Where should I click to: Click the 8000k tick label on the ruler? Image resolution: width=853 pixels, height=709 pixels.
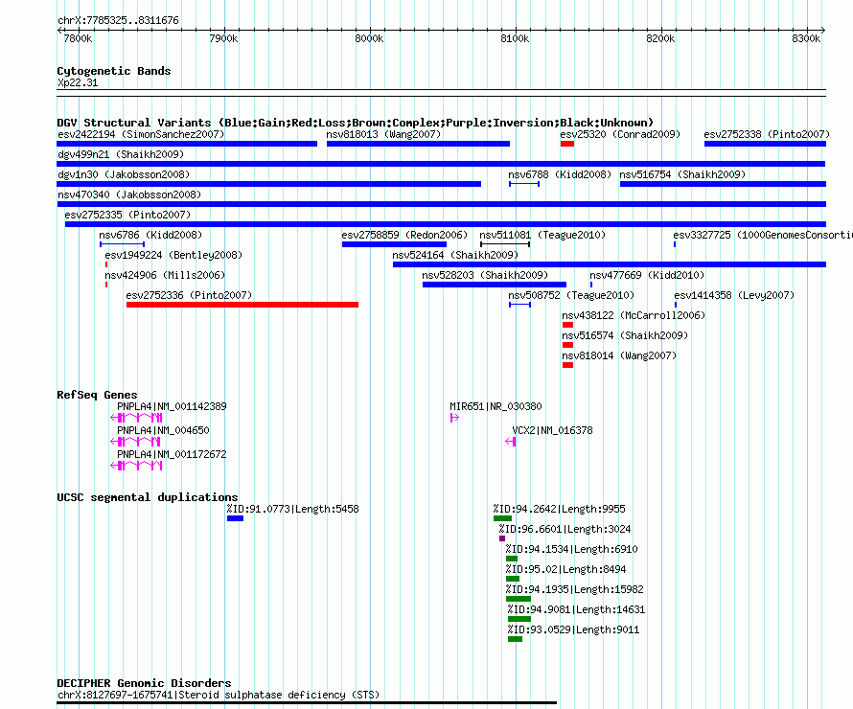[369, 38]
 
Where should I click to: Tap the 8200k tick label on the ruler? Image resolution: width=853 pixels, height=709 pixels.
[660, 38]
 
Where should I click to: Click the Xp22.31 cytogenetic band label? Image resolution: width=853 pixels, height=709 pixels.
[78, 82]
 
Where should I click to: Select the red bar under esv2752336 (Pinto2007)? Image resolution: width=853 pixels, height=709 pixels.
[242, 305]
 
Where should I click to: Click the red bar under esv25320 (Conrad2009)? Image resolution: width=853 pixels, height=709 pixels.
[567, 144]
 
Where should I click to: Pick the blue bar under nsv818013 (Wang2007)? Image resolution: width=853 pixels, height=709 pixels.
[418, 144]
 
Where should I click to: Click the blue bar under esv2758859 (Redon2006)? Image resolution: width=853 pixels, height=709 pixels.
[394, 244]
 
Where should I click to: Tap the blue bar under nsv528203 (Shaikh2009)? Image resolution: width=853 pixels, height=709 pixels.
[495, 285]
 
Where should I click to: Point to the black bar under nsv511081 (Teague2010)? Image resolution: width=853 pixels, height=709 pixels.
[505, 244]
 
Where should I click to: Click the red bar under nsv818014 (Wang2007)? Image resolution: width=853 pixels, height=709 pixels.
[568, 365]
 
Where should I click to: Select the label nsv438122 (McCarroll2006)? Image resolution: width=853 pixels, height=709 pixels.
[634, 315]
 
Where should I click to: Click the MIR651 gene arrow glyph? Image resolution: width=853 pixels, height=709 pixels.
[454, 418]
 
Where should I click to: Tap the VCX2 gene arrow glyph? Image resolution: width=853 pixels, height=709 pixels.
[510, 442]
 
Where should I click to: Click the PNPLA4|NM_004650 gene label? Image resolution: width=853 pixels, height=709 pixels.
[163, 430]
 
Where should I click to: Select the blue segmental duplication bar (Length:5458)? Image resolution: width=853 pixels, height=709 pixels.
[235, 518]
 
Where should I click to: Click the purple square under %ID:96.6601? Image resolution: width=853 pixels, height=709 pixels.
[502, 538]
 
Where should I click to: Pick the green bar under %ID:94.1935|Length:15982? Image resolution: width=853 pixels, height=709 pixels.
[519, 599]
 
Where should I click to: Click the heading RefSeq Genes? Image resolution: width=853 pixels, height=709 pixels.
[97, 395]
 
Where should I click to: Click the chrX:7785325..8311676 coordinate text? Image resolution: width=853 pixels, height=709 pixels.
[118, 20]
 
